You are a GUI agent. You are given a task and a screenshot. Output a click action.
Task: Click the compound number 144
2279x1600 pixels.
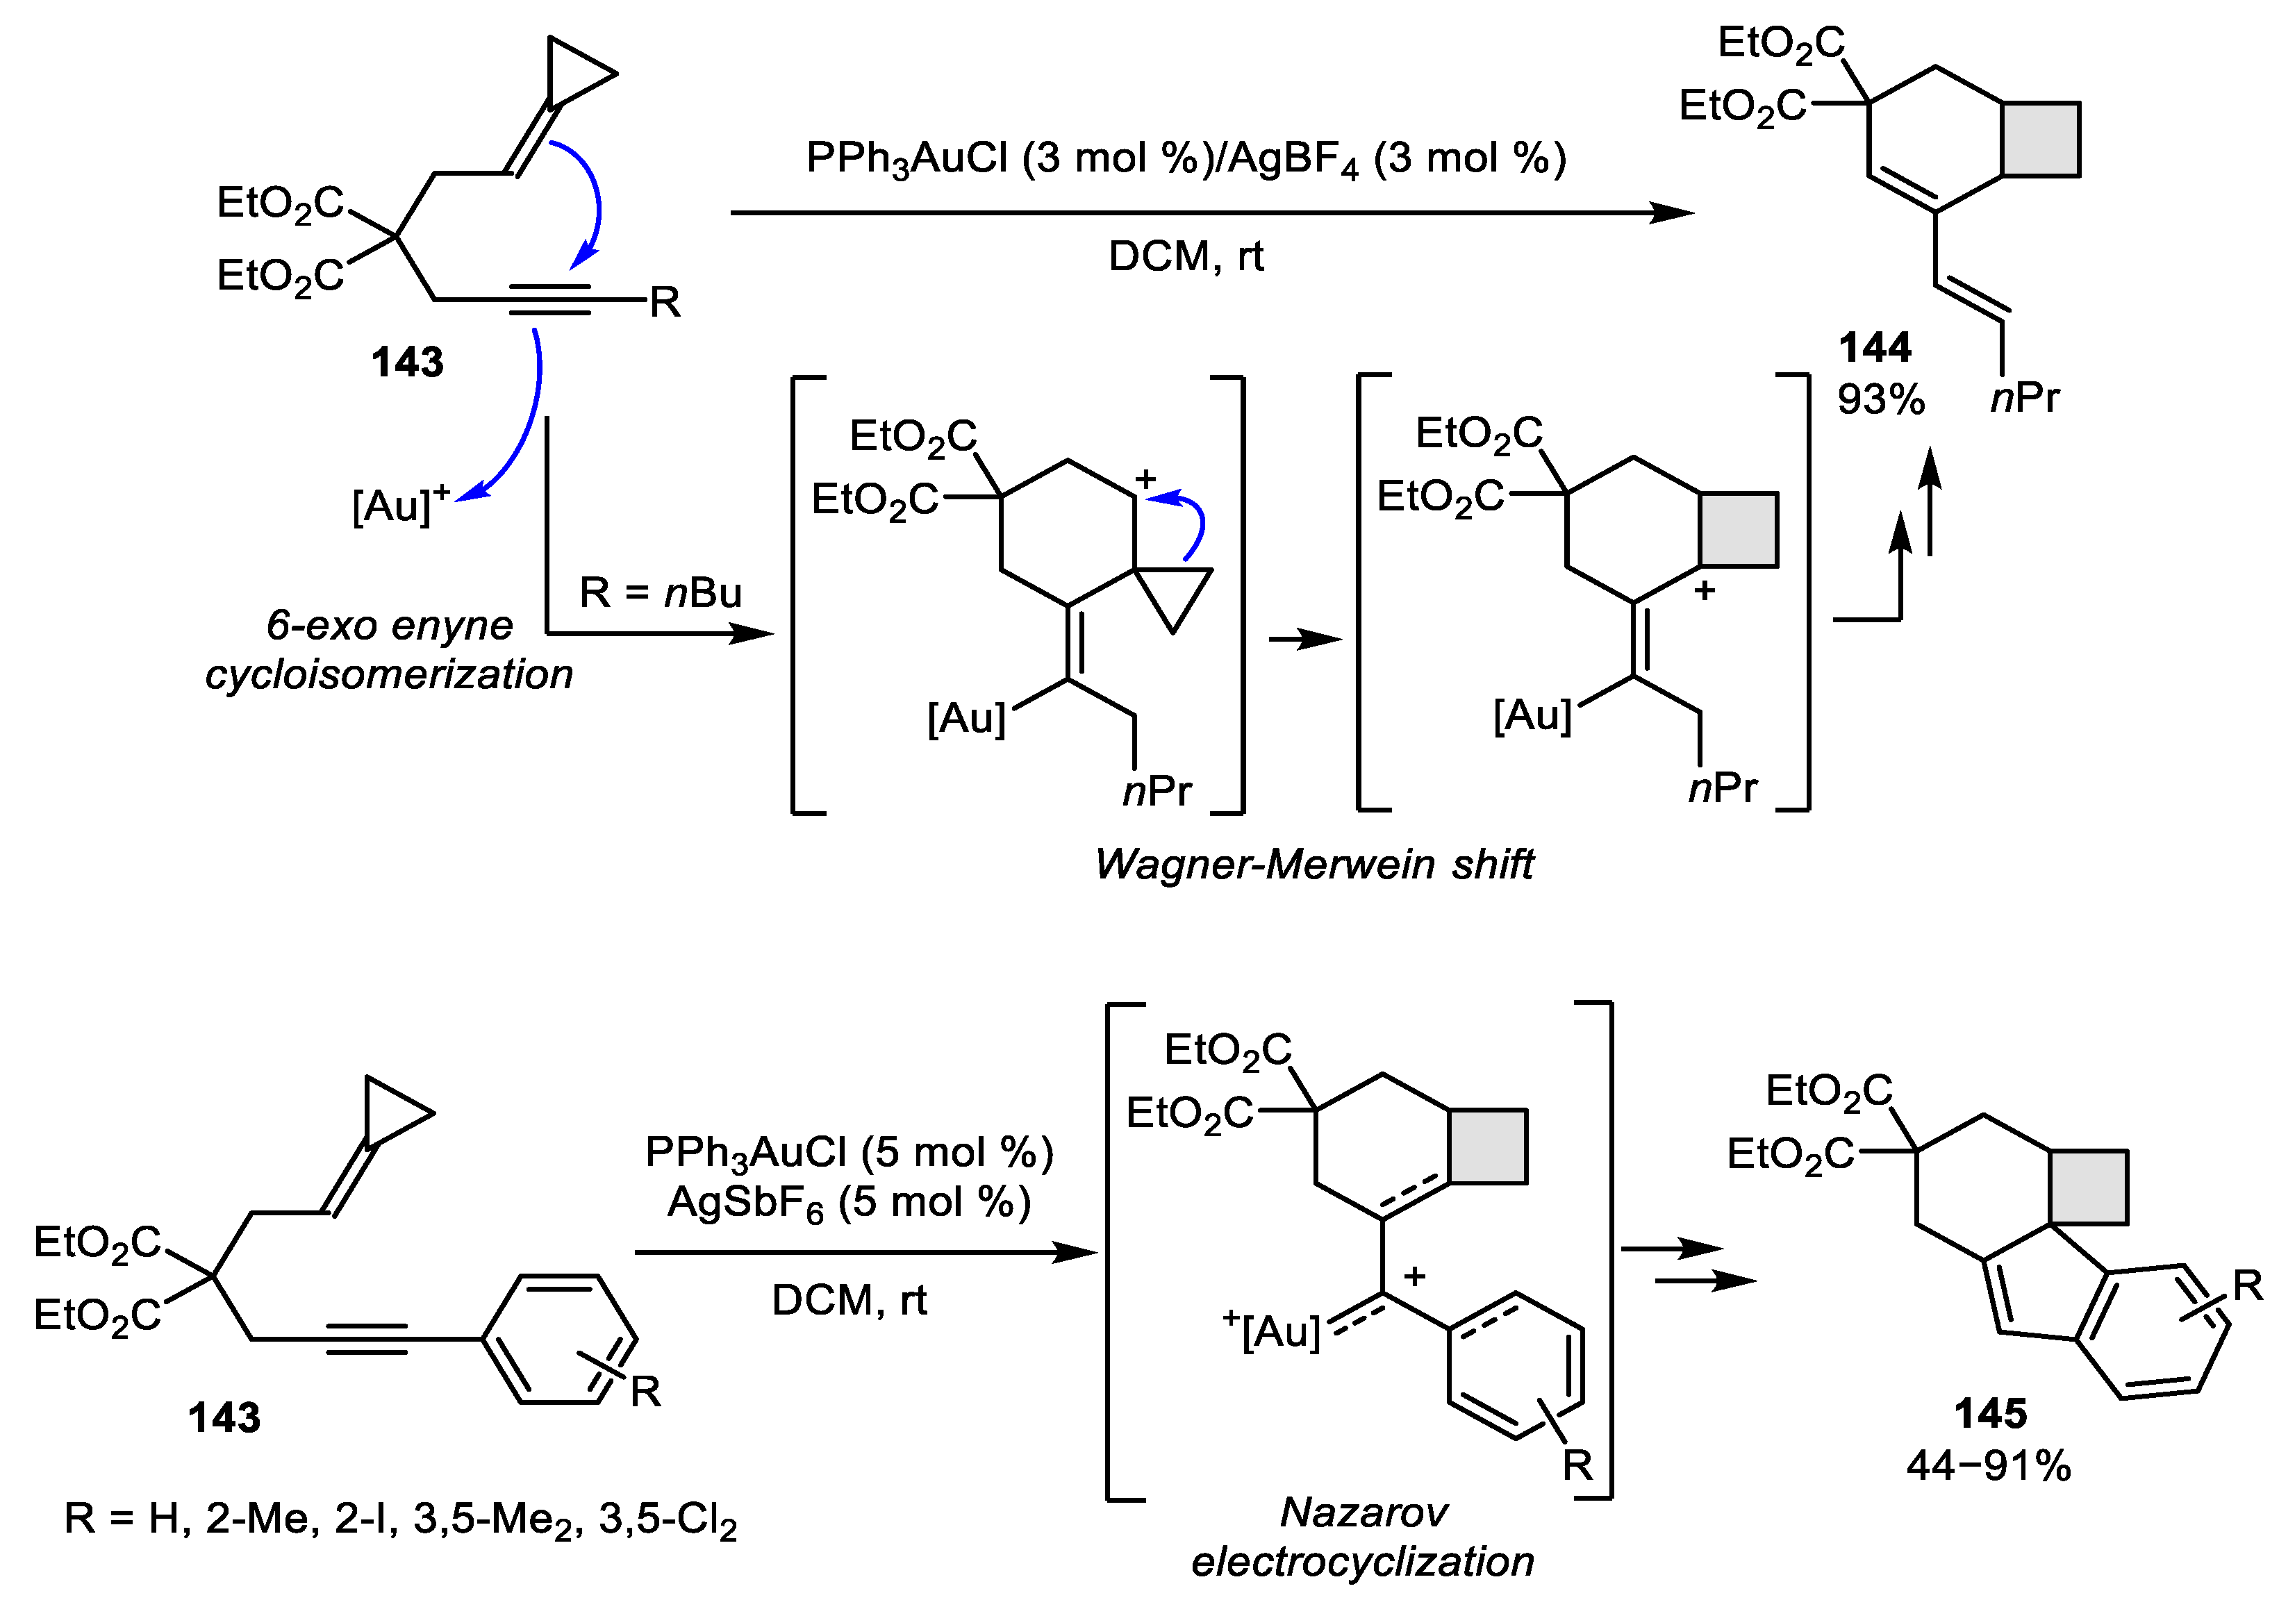click(x=1874, y=347)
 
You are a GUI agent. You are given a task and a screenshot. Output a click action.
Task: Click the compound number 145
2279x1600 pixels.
click(x=1990, y=1413)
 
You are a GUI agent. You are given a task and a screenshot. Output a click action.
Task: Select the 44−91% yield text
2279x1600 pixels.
click(x=1988, y=1466)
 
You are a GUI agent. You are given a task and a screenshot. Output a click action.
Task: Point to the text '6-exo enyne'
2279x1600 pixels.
click(x=389, y=625)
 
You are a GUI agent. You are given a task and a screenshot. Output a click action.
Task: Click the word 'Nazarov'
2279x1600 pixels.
click(x=1363, y=1512)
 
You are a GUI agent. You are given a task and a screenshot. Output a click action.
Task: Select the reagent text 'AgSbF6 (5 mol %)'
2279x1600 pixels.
click(x=849, y=1203)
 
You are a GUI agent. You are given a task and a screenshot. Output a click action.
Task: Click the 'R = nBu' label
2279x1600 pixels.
click(x=660, y=592)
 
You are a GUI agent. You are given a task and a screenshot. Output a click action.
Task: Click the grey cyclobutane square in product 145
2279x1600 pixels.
click(x=2087, y=1186)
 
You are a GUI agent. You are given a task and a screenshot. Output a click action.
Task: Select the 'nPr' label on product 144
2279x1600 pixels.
click(x=2025, y=398)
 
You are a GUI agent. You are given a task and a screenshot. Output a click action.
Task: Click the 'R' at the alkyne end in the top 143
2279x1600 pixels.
click(x=665, y=302)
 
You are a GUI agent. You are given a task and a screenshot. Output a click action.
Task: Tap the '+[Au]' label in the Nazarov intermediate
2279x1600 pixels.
click(x=1273, y=1330)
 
